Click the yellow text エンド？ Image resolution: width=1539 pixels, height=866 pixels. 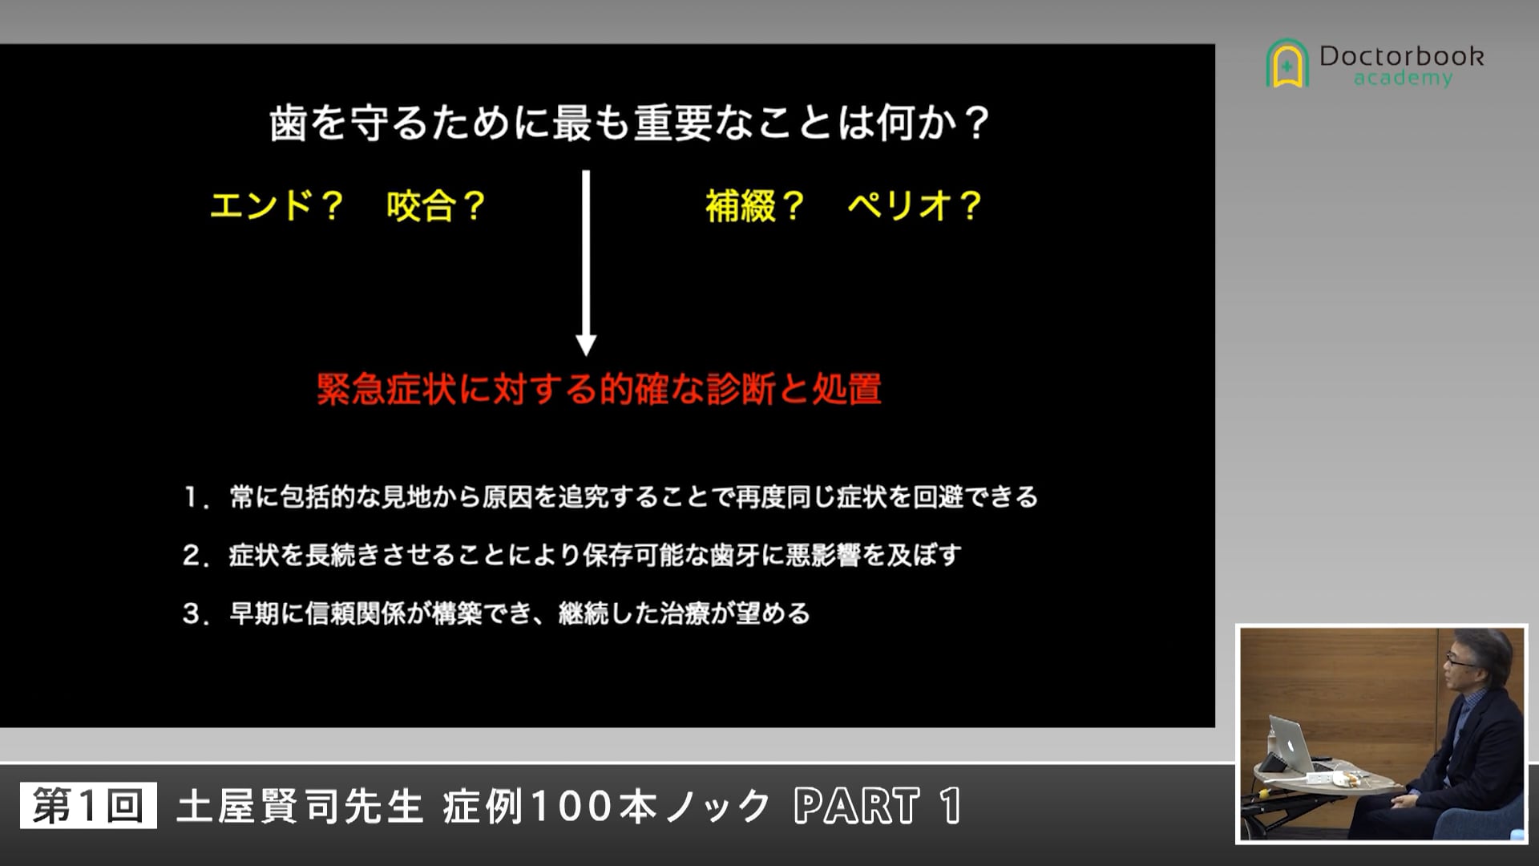pyautogui.click(x=277, y=206)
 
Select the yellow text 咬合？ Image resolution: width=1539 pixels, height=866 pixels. pyautogui.click(x=436, y=206)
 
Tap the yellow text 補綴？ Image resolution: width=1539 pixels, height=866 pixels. pyautogui.click(x=754, y=206)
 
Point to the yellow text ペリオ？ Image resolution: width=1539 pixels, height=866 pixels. pyautogui.click(x=915, y=206)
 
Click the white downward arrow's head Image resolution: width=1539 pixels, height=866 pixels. pyautogui.click(x=586, y=344)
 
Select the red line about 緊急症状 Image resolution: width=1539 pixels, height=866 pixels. pyautogui.click(x=599, y=390)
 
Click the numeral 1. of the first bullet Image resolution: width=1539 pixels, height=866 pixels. pyautogui.click(x=195, y=498)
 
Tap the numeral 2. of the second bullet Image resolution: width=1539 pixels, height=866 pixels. pyautogui.click(x=195, y=556)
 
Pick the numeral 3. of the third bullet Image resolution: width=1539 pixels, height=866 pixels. pyautogui.click(x=195, y=614)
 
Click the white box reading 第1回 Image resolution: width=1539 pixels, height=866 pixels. pyautogui.click(x=88, y=806)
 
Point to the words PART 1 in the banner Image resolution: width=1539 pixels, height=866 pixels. pyautogui.click(x=878, y=806)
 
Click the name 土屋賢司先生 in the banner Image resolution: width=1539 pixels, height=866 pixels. pyautogui.click(x=300, y=806)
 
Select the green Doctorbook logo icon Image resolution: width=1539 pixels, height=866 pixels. pyautogui.click(x=1287, y=63)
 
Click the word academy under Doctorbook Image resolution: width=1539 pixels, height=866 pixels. pyautogui.click(x=1403, y=79)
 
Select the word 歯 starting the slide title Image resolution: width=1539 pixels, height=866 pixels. pyautogui.click(x=288, y=124)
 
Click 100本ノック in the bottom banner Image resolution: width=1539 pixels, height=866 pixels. pyautogui.click(x=650, y=806)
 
